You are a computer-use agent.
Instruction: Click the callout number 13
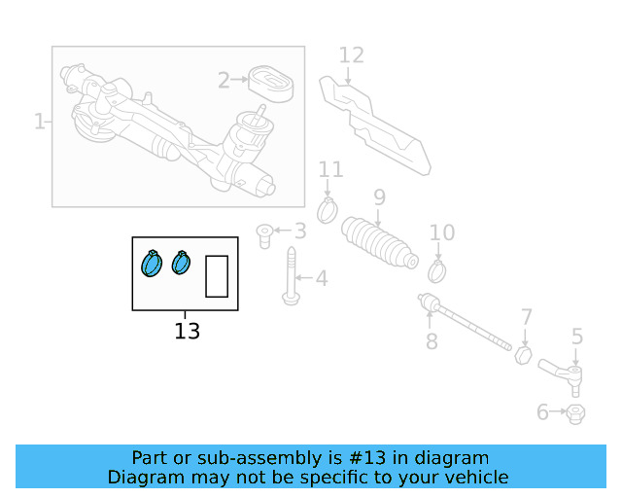[188, 331]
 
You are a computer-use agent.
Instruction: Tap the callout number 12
[351, 55]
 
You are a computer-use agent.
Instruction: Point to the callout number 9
[379, 197]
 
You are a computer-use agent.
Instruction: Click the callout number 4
[321, 279]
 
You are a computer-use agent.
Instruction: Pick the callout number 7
[527, 317]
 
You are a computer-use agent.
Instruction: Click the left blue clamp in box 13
[152, 263]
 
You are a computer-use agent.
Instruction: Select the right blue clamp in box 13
[182, 262]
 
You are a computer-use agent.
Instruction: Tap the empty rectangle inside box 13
[217, 275]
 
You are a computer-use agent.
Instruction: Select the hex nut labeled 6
[574, 413]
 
